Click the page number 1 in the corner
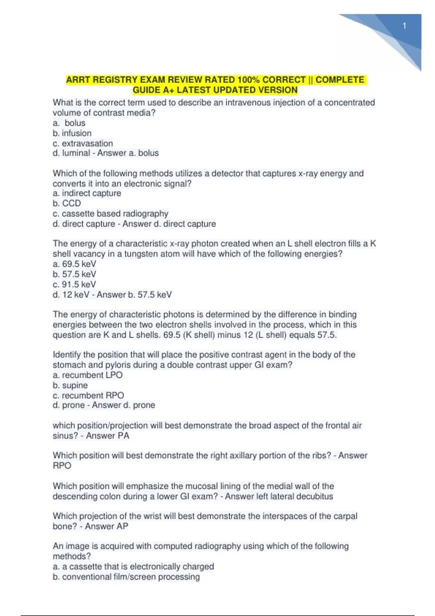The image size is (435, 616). pos(404,26)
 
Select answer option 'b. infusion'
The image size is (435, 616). pos(72,133)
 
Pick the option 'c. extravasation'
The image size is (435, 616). pos(83,143)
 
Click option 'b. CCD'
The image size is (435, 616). pos(67,203)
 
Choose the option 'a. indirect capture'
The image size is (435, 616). pos(87,193)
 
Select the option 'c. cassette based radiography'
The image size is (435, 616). pos(110,213)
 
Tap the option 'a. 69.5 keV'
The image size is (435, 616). pos(74,264)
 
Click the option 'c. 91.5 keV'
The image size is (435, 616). pos(74,284)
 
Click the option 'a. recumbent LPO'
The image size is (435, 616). pos(87,375)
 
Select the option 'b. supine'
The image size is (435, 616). pos(70,385)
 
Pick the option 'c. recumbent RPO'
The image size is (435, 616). pos(88,395)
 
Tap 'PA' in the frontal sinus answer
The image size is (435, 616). pos(123,436)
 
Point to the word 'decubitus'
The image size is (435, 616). pos(315,496)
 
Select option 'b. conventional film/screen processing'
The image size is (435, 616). pos(126,577)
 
